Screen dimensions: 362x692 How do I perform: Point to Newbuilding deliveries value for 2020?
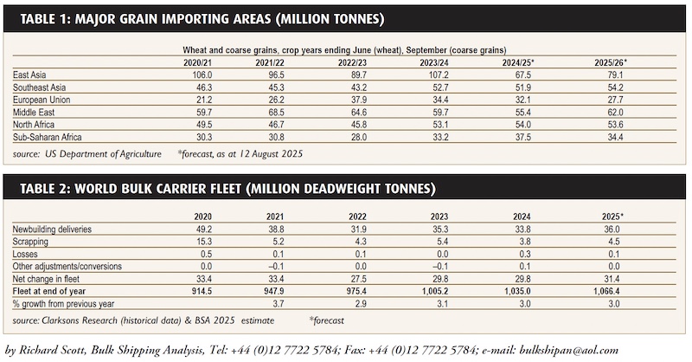pos(189,229)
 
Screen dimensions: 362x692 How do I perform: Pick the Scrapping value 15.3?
pos(189,242)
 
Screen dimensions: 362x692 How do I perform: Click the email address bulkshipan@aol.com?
pos(576,350)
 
